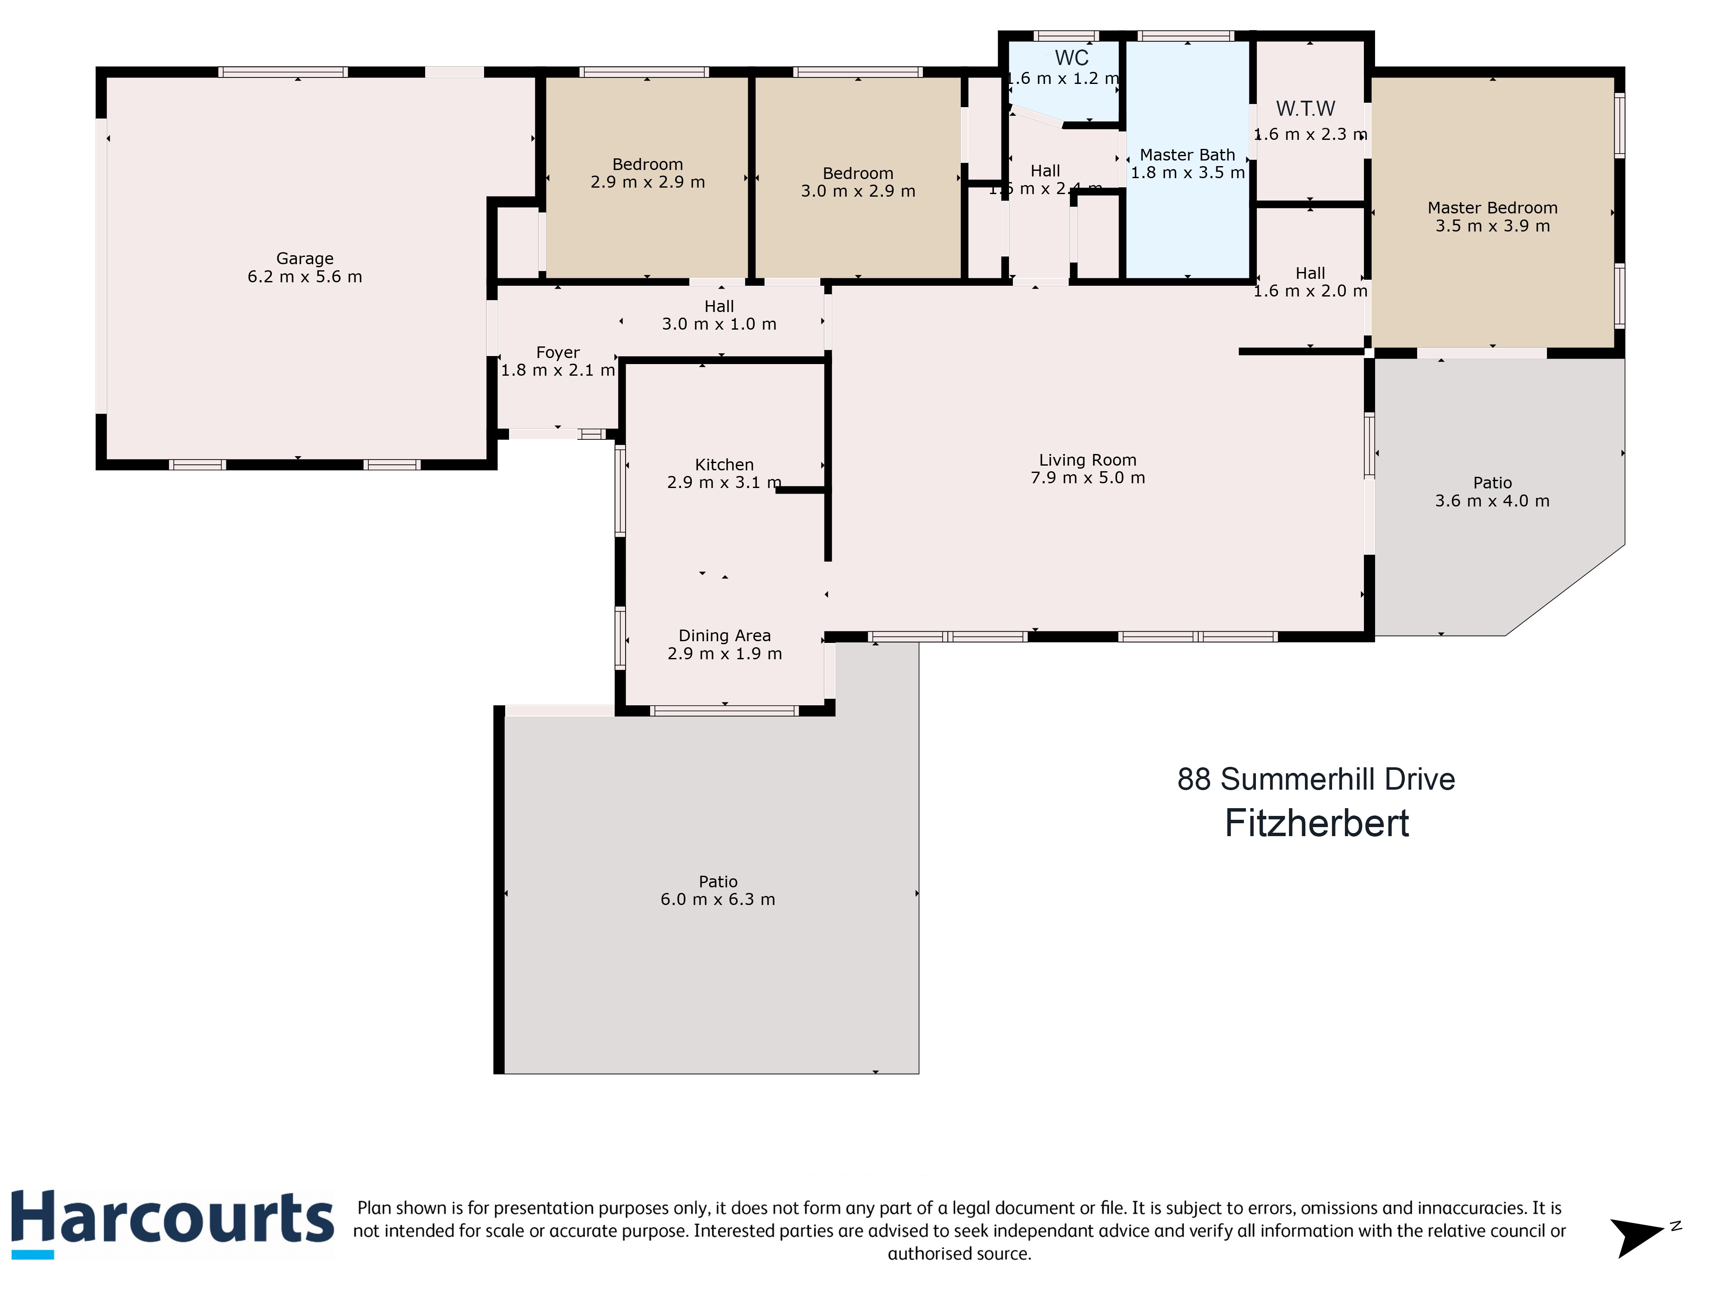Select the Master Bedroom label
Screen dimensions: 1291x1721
click(x=1492, y=208)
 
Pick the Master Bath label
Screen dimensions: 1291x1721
click(x=1187, y=155)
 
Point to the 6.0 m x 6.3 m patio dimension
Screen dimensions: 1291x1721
click(x=717, y=899)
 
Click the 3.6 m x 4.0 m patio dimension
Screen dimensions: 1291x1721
click(x=1492, y=501)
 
